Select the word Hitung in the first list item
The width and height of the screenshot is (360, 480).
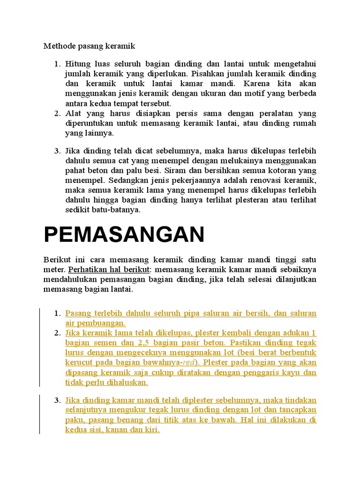click(x=77, y=64)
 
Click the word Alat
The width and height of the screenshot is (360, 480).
click(x=73, y=113)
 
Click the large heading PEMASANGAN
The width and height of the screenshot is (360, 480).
click(x=124, y=234)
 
